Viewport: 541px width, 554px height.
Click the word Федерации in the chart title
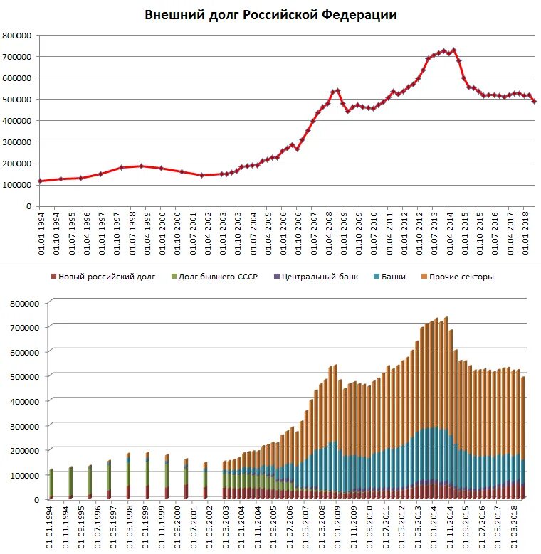(x=358, y=15)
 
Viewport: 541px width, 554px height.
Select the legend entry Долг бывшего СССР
(x=216, y=277)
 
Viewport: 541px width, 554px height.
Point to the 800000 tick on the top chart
(x=16, y=35)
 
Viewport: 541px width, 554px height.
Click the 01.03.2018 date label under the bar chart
(x=514, y=526)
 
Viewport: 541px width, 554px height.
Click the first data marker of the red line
(x=40, y=181)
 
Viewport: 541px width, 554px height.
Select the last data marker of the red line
(x=535, y=101)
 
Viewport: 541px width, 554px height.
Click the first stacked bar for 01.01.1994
(x=51, y=484)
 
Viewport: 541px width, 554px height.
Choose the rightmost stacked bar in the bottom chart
(x=524, y=437)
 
